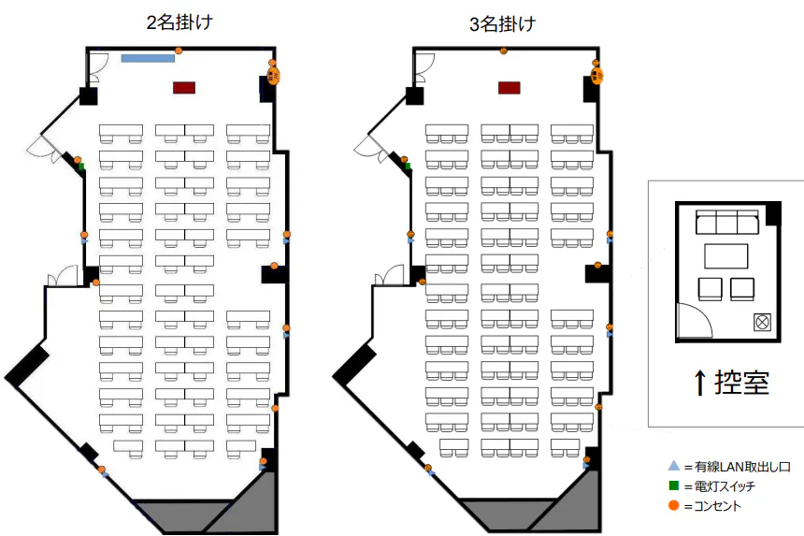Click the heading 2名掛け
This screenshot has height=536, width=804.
[179, 23]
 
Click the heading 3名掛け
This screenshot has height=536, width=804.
[504, 24]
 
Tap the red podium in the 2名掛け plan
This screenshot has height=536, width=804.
[184, 87]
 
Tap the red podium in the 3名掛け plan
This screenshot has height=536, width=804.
[509, 87]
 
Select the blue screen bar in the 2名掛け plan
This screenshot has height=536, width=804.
[148, 58]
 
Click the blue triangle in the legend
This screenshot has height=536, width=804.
[672, 466]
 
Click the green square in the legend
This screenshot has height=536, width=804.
[672, 485]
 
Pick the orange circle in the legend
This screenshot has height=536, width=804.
[672, 506]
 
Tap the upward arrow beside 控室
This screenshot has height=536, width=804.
[699, 382]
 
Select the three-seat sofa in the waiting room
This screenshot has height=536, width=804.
[725, 223]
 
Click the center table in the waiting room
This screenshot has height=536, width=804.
[726, 256]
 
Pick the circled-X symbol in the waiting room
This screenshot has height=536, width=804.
[762, 322]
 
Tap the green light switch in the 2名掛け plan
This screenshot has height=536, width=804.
[81, 167]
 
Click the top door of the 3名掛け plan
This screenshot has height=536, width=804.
[424, 65]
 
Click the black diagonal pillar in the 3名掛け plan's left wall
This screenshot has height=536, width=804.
[354, 364]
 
